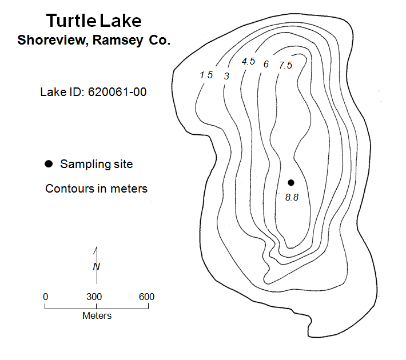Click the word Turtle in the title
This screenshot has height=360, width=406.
click(71, 21)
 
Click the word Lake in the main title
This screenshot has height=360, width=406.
click(121, 21)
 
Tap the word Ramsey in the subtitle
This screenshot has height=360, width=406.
click(118, 40)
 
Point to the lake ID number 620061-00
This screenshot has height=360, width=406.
click(117, 92)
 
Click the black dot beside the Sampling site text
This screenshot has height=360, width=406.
click(49, 164)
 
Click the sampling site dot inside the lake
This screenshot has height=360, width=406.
click(291, 183)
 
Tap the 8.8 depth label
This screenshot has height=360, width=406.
click(292, 198)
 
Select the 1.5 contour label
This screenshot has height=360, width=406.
click(206, 75)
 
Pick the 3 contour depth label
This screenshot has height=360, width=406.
click(226, 76)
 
